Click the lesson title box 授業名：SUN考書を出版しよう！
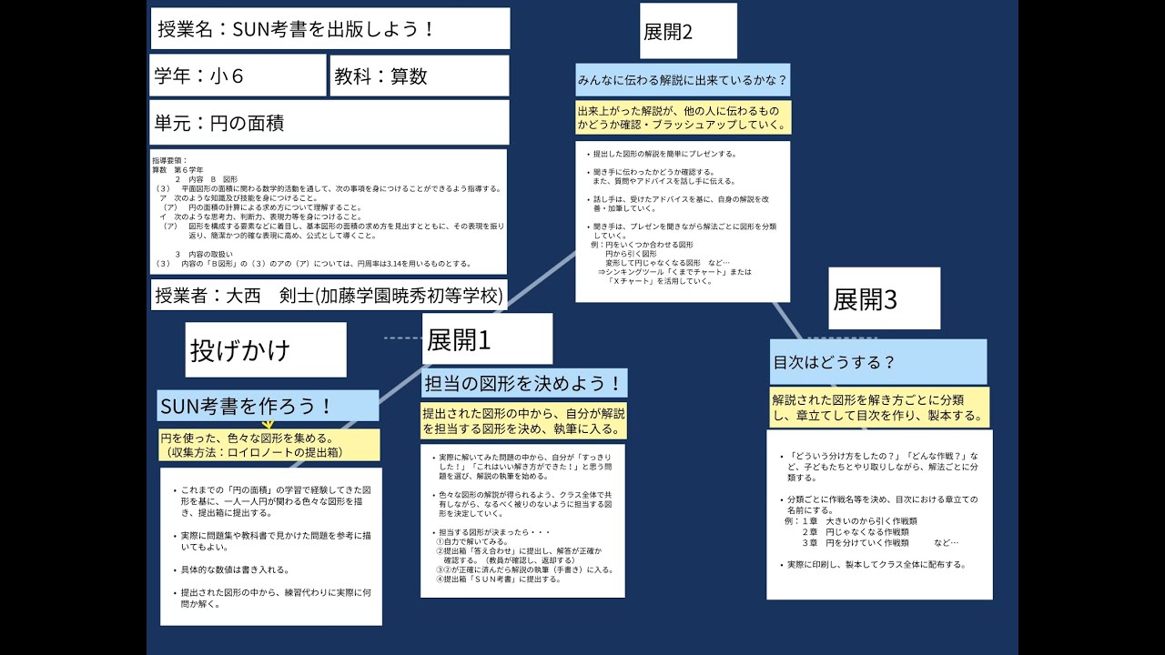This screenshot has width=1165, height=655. coord(329,29)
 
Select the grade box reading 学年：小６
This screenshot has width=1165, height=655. coord(238,76)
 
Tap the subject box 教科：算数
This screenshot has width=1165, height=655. coord(419,76)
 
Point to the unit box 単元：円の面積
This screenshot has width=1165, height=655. coord(329,122)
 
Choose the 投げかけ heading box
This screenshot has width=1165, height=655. coord(266,349)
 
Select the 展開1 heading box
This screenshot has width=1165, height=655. coord(487,339)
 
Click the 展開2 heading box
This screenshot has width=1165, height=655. coord(688,31)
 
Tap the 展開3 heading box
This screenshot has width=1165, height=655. coord(884,298)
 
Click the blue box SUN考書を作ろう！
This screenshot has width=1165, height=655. coord(268,405)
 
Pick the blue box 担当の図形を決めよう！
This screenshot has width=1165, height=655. coord(524,383)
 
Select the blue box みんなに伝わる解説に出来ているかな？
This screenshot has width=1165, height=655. coord(683,80)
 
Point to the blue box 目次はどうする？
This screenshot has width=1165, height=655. coord(878,361)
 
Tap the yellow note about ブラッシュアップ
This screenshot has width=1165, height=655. coord(683,117)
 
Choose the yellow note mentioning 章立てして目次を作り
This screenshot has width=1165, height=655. coord(878,407)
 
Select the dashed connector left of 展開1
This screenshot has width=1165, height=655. coord(402,338)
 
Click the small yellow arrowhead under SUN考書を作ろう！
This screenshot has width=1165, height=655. coord(268,424)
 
